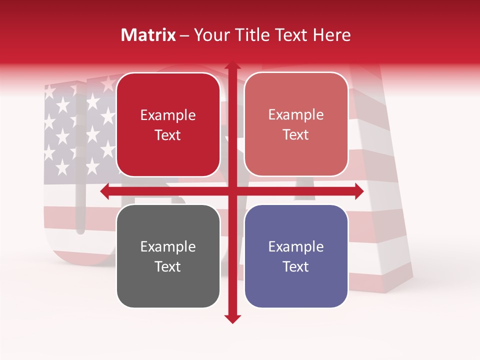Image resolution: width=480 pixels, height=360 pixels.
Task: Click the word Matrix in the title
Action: (x=148, y=35)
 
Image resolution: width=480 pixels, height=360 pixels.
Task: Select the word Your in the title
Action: (x=210, y=35)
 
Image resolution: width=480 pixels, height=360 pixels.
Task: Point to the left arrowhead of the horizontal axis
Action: (x=105, y=191)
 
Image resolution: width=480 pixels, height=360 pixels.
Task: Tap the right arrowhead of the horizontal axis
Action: (x=359, y=191)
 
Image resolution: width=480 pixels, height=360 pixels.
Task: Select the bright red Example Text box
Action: (x=168, y=125)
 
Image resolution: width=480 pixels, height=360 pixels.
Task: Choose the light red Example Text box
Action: (x=296, y=124)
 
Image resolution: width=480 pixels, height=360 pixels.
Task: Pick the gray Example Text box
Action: (x=168, y=256)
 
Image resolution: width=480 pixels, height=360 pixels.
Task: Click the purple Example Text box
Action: (x=296, y=256)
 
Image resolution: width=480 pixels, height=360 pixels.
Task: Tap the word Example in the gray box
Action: (x=168, y=246)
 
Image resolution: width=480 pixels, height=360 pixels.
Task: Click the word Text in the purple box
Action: (x=296, y=266)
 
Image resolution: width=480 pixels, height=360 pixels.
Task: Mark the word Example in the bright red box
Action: (x=168, y=115)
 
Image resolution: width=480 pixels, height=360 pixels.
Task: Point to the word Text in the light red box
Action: (x=296, y=135)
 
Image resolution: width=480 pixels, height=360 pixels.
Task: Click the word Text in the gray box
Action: (x=168, y=266)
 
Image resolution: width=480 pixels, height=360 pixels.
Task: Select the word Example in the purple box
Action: (x=296, y=246)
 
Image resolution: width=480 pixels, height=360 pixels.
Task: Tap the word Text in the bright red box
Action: (x=168, y=135)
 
